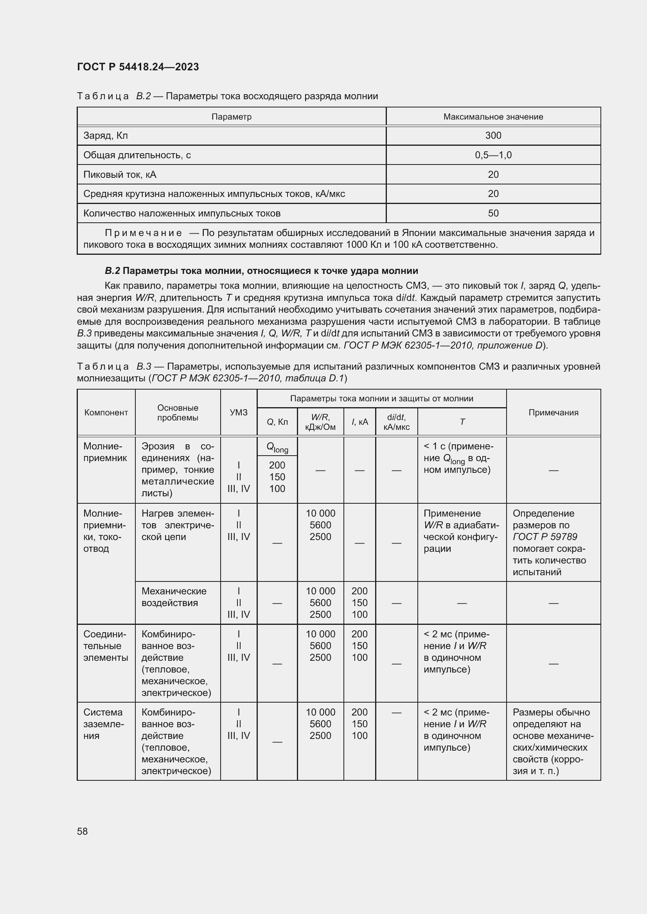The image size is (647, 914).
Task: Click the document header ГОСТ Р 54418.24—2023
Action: click(x=138, y=67)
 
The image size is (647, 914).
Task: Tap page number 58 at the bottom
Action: click(x=83, y=831)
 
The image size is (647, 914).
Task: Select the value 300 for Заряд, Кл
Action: click(x=493, y=136)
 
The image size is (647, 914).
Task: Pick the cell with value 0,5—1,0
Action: click(x=493, y=155)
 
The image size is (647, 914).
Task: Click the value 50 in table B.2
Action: click(x=493, y=213)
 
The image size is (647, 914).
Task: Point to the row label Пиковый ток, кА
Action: click(x=120, y=175)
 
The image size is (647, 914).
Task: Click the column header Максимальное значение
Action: click(x=493, y=116)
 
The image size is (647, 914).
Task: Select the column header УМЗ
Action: click(x=238, y=412)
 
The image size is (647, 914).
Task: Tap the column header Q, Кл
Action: click(x=277, y=422)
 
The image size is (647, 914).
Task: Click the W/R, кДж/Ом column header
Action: click(x=320, y=422)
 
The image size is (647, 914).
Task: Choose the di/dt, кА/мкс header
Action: click(x=396, y=422)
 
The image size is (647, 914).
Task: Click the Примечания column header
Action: click(x=553, y=412)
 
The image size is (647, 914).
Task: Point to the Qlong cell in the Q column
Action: click(x=277, y=448)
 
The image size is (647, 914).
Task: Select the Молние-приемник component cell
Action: click(x=105, y=452)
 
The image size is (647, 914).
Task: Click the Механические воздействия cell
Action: click(x=174, y=597)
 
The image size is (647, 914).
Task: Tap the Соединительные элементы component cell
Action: click(x=105, y=646)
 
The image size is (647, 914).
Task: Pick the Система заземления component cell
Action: click(x=104, y=724)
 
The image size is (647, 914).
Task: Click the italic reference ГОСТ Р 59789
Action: click(x=545, y=537)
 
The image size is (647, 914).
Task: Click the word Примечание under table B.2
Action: click(x=144, y=233)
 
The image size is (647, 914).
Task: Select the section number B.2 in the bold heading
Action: click(x=112, y=271)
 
